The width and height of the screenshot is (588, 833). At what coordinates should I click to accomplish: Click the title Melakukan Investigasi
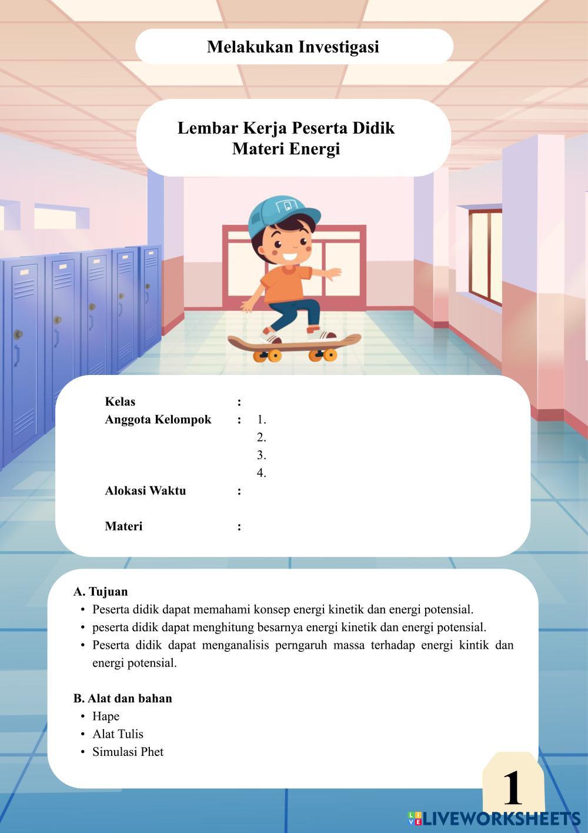(293, 47)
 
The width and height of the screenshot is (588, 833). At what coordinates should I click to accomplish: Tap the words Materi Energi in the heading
(286, 148)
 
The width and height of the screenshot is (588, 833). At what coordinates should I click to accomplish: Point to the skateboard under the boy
(293, 345)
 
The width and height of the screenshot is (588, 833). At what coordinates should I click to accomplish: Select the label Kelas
(120, 401)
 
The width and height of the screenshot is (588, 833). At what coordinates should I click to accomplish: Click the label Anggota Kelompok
(158, 420)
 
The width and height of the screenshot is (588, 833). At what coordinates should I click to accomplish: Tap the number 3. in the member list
(262, 455)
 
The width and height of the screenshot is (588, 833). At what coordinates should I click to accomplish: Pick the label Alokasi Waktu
(145, 490)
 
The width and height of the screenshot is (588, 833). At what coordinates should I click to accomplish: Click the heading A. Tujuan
(101, 591)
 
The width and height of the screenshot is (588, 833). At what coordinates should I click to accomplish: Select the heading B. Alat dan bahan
(123, 698)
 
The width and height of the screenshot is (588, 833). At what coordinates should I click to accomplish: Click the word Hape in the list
(106, 716)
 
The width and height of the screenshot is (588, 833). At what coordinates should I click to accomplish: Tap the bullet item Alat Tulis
(118, 734)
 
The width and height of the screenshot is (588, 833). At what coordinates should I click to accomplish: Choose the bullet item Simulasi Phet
(128, 752)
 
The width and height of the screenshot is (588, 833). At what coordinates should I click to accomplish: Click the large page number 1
(512, 788)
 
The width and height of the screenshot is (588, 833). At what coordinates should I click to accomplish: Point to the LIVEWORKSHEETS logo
(494, 818)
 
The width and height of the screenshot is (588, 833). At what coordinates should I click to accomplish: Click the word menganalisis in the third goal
(235, 645)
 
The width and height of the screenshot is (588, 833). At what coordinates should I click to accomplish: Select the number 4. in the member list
(262, 473)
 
